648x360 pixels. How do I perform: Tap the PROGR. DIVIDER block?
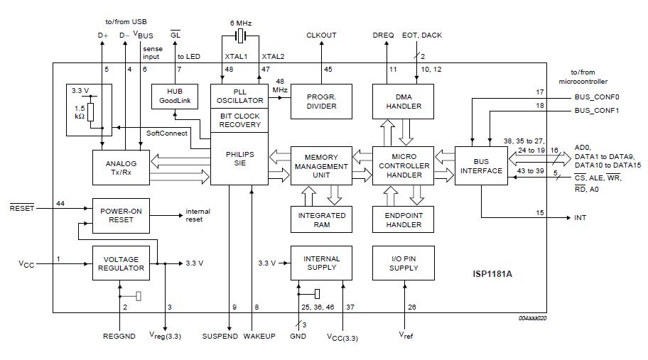tap(320, 102)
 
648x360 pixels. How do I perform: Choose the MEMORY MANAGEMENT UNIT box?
tap(321, 165)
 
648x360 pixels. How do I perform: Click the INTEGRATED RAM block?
tap(321, 219)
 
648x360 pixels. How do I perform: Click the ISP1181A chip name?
tap(492, 273)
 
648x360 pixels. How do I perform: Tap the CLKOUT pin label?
tap(321, 35)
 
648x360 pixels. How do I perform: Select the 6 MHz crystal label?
tap(242, 22)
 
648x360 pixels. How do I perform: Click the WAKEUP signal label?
tap(259, 336)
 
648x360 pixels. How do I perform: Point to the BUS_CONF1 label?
tap(597, 111)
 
